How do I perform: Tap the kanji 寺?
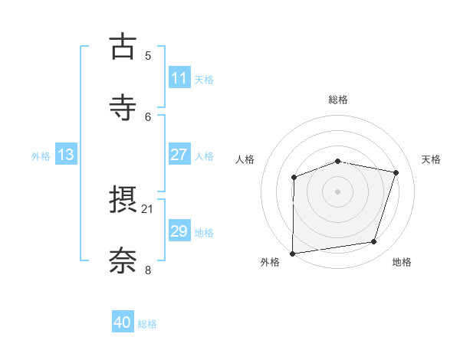pos(123,107)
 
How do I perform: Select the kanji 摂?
pos(123,201)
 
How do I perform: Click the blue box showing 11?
pos(179,78)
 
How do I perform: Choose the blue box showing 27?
pos(179,155)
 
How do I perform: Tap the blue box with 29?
pos(179,231)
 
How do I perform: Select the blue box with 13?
pos(66,155)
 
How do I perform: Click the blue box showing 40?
pos(123,322)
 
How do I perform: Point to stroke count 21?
pos(148,208)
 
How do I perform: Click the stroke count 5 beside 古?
pos(148,55)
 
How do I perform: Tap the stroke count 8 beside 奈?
pos(148,270)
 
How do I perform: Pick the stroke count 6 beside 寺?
pos(148,116)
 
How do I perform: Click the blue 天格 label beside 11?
pos(204,79)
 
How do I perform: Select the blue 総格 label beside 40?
pos(147,324)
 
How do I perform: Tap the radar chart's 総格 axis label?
pos(338,100)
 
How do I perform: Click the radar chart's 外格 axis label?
pos(270,263)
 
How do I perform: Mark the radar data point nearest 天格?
pos(396,172)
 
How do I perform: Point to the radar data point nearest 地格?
pos(374,242)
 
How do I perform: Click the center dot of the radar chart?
pos(338,191)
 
